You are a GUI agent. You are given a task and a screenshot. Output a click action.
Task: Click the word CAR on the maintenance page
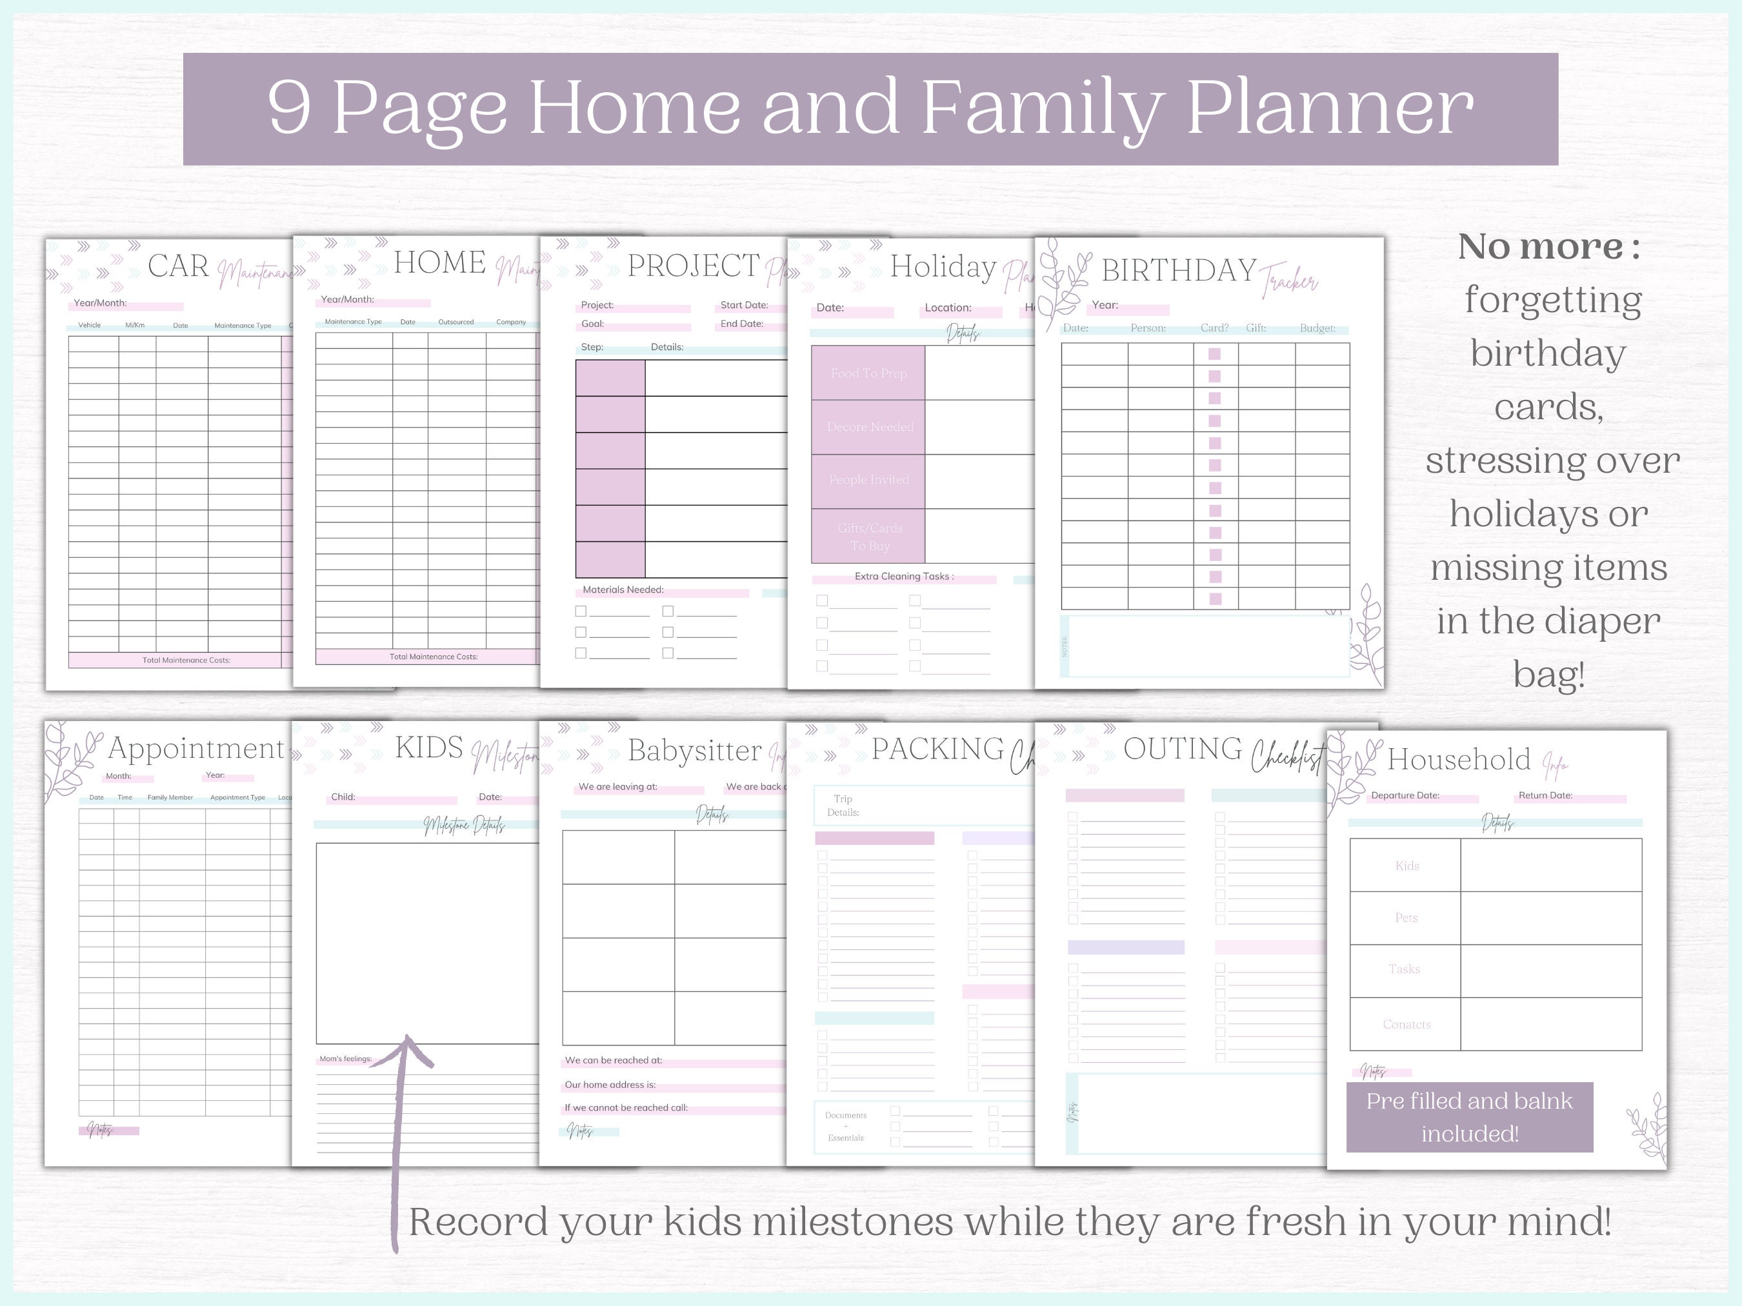tap(178, 266)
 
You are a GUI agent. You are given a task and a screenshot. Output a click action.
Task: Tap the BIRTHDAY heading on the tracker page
tap(1178, 271)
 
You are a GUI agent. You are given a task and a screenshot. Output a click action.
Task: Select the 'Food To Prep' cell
tap(868, 373)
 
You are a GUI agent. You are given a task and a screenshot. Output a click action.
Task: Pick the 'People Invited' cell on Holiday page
tap(868, 479)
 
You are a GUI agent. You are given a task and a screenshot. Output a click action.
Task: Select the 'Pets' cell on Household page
tap(1406, 918)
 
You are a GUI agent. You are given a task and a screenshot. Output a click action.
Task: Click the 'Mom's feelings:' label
tap(345, 1059)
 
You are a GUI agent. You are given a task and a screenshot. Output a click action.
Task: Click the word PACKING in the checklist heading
tap(937, 749)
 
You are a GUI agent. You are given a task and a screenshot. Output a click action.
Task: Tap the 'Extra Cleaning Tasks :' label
tap(904, 576)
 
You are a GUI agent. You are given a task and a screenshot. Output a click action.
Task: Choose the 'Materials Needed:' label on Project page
tap(623, 589)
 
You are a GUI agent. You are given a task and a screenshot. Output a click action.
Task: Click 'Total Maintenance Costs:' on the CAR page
tap(186, 660)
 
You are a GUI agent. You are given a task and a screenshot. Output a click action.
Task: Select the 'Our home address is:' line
tap(610, 1085)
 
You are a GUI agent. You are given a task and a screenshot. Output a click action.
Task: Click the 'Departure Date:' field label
tap(1405, 796)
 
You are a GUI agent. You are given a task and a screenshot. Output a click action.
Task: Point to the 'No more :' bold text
tap(1548, 247)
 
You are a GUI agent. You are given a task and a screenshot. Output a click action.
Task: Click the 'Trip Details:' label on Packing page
tap(843, 806)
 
